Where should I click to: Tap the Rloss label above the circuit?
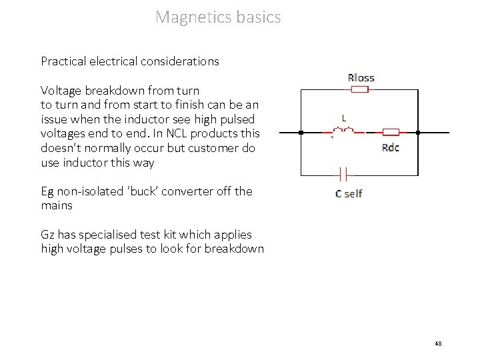[361, 78]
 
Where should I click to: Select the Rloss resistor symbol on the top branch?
[361, 90]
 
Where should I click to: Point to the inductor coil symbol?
[344, 131]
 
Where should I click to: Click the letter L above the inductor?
[344, 118]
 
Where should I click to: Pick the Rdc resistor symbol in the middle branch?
[390, 132]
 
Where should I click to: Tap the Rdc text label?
[391, 147]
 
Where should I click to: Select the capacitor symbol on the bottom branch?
[343, 175]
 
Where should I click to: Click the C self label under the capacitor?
[349, 193]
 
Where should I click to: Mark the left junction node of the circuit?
[301, 133]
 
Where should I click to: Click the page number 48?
[438, 344]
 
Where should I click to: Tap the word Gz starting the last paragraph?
[48, 235]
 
